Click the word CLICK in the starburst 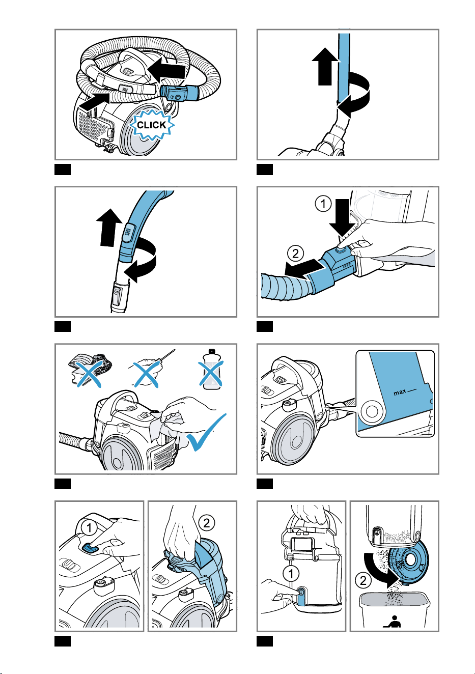151,125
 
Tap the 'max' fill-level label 400,392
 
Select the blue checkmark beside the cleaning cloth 206,432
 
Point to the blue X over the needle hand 146,374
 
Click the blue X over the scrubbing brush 89,374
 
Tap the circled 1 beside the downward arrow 323,204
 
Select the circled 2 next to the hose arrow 295,253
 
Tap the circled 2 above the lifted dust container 207,523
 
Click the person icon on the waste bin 393,622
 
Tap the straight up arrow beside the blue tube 325,66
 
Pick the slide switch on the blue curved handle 128,233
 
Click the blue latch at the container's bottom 301,596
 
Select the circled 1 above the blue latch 291,573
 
